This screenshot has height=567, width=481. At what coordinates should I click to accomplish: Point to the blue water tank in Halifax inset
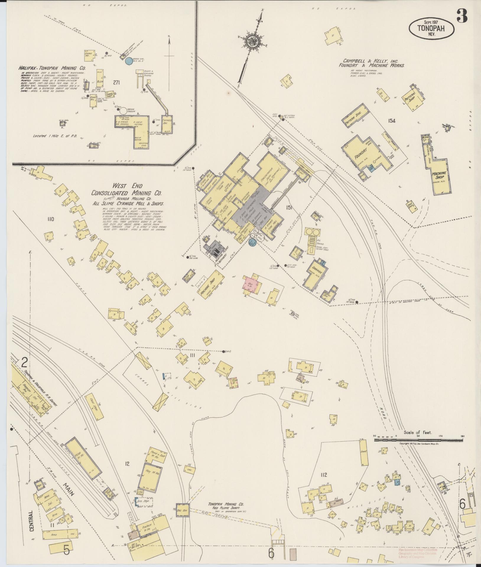tap(129, 61)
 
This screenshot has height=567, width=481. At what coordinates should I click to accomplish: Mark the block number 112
tap(324, 475)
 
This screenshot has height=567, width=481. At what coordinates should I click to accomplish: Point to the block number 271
tap(116, 83)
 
